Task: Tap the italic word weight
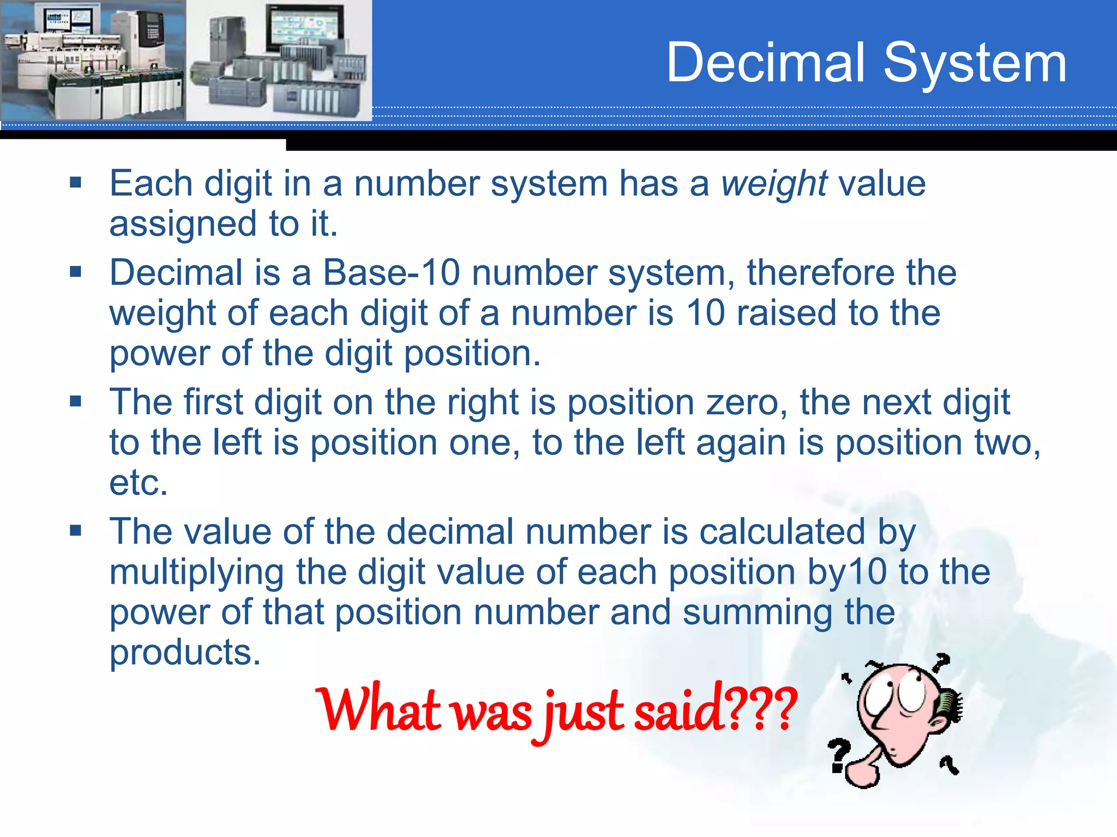(x=774, y=184)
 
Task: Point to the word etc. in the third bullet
(x=139, y=483)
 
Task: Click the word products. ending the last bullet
(x=185, y=653)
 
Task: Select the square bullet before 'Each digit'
(x=76, y=182)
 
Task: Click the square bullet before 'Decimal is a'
(x=76, y=271)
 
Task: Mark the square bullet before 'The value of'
(x=76, y=530)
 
